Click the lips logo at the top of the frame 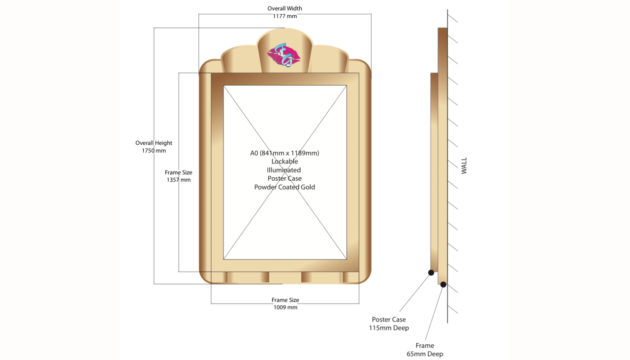pos(284,55)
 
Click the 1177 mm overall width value pos(284,16)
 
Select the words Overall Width pos(284,8)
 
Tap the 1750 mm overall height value pos(154,151)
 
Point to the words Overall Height pos(154,143)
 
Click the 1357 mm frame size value pos(179,180)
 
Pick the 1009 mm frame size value pos(285,307)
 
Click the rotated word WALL pos(464,165)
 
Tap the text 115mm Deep pos(389,328)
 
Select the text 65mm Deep pos(425,354)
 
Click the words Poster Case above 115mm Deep pos(389,320)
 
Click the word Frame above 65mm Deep pos(425,345)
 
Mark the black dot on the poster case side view pos(431,272)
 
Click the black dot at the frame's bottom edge pos(443,285)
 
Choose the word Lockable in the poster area pos(284,161)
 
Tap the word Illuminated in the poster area pos(284,170)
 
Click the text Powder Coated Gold pos(284,187)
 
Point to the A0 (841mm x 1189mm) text pos(284,153)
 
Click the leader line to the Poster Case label pos(415,292)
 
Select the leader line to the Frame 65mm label pos(434,312)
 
